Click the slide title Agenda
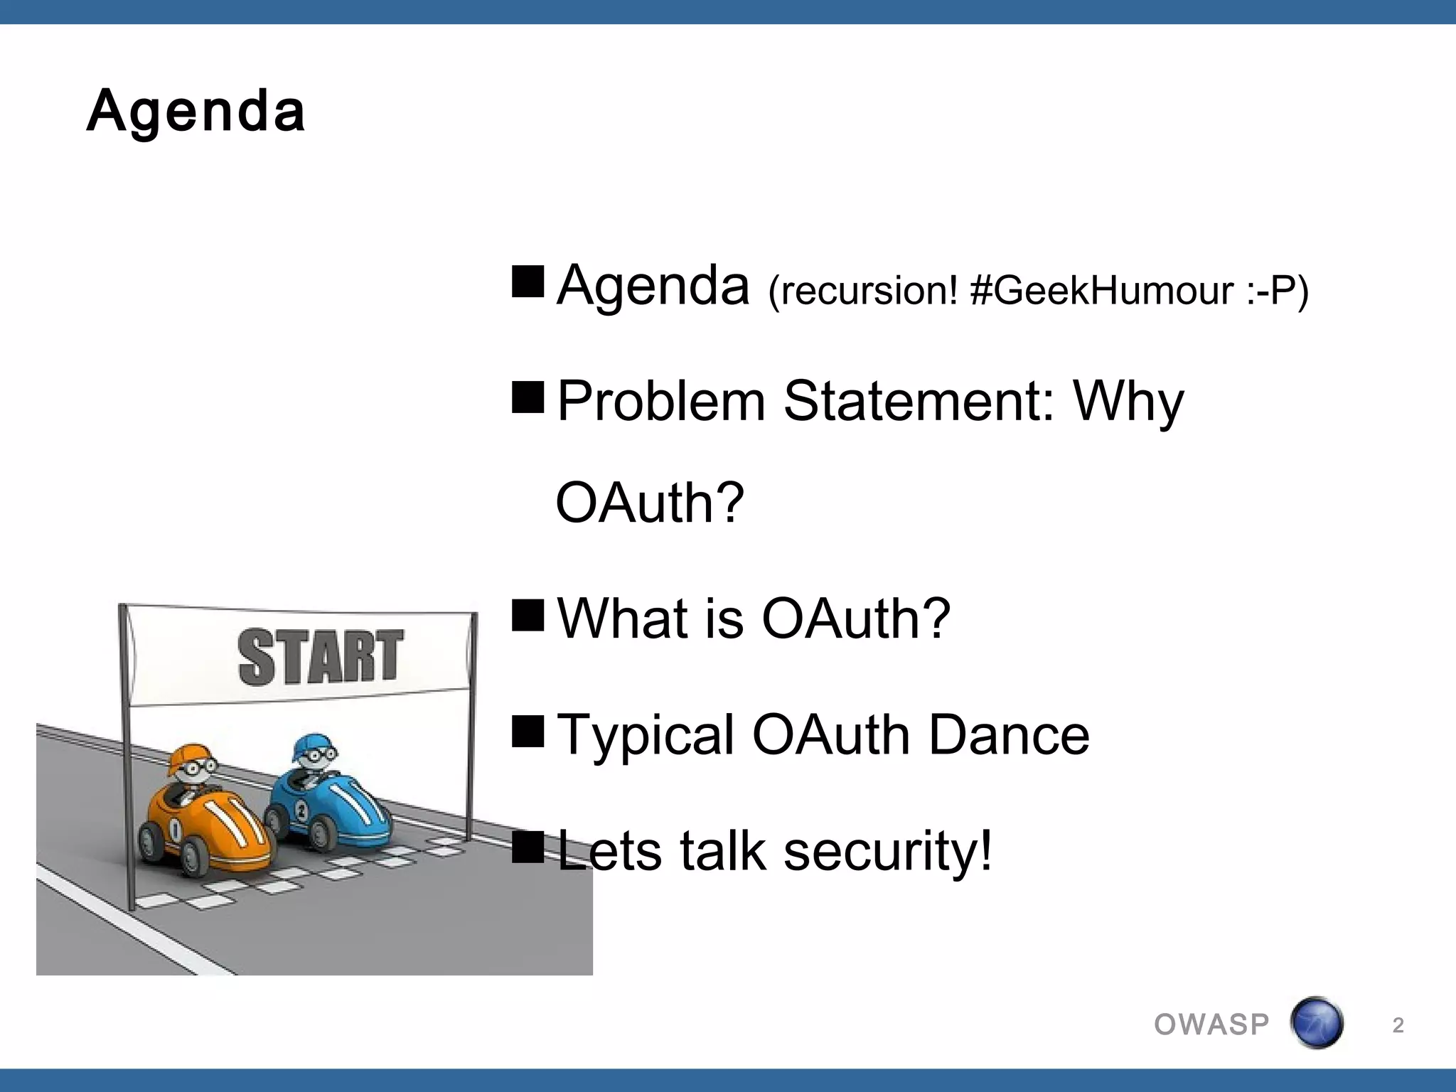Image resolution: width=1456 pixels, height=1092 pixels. point(196,112)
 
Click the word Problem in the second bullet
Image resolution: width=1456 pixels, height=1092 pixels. point(660,402)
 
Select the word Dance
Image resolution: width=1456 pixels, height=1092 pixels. point(1009,735)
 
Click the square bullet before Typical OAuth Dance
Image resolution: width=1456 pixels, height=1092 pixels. point(528,732)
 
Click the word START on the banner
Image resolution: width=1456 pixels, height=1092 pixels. point(321,657)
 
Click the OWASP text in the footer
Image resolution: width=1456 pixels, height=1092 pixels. point(1211,1024)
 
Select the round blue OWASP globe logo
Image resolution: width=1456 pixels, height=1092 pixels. point(1316,1023)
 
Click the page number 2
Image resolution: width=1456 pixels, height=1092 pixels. point(1398,1025)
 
